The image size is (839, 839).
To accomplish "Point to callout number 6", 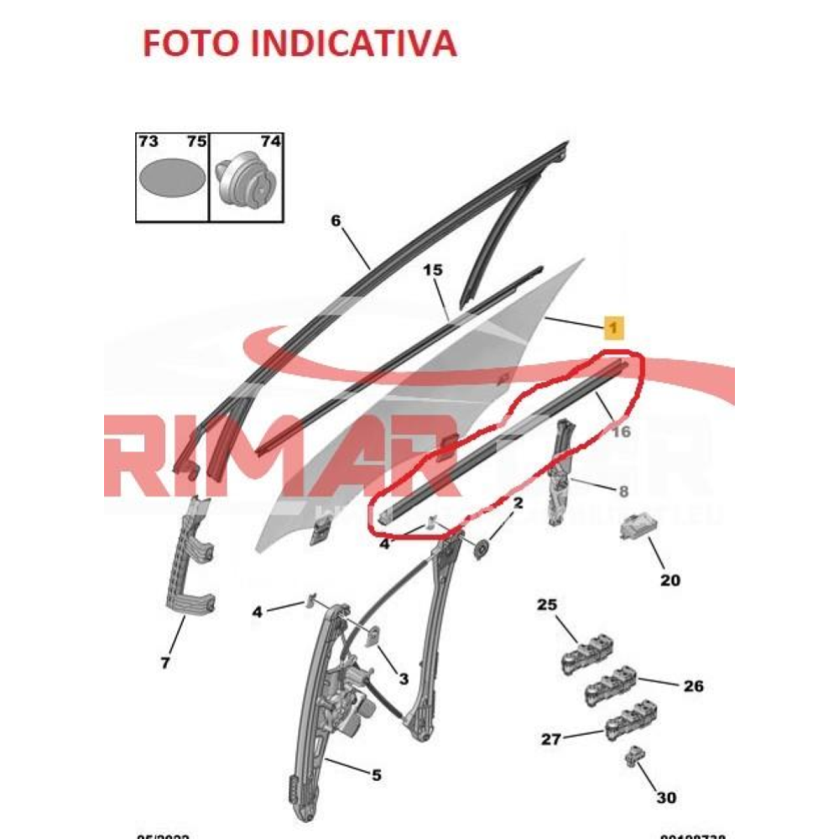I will pos(336,221).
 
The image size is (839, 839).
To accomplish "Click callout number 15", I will pos(432,270).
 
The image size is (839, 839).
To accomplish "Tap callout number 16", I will pos(621,432).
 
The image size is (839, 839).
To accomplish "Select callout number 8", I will pos(623,491).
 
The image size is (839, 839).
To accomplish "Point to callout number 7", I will pos(165,663).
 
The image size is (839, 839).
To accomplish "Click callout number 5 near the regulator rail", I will pos(376,775).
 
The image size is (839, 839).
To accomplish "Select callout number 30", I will pos(666,797).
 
